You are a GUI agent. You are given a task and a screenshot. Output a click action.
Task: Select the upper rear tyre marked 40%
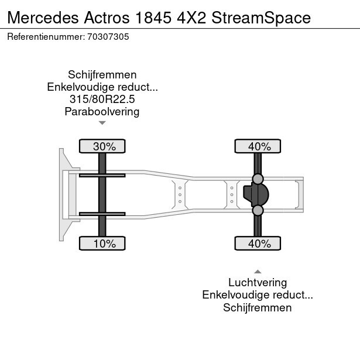tap(258, 146)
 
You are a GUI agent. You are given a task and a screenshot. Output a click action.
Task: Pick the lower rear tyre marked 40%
tap(258, 244)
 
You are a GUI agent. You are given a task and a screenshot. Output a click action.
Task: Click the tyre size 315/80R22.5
tap(102, 100)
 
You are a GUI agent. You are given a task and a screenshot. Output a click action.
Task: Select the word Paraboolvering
tap(102, 112)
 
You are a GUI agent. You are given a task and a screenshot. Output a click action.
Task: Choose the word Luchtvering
tap(258, 282)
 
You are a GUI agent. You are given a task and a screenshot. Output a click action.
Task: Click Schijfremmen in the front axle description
tap(102, 75)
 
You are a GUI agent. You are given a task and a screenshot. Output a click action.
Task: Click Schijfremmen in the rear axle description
tap(258, 308)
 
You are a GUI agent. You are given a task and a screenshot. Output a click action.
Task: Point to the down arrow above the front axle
tap(102, 123)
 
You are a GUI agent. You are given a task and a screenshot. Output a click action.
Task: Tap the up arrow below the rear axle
tap(258, 271)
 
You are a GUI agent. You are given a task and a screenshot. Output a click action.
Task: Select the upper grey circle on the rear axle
tap(258, 179)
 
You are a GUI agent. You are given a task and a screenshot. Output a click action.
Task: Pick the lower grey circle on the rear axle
tap(258, 210)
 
